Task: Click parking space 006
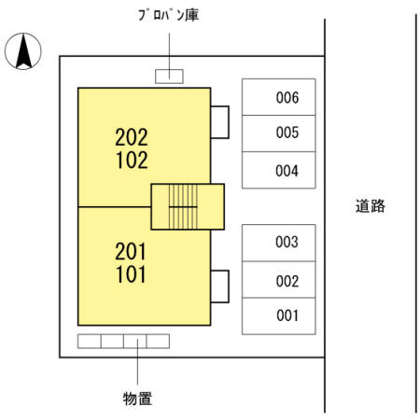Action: coord(280,97)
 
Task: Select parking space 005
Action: coord(280,133)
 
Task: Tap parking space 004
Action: coord(280,171)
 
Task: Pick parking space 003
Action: coord(280,243)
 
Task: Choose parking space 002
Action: coord(280,280)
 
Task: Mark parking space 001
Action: coord(280,315)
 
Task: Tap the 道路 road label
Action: coord(370,206)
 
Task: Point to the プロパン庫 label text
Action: coord(168,16)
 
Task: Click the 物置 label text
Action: coord(137,399)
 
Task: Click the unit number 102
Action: coord(132,160)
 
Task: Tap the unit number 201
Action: coord(132,251)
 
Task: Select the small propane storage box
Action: coord(169,76)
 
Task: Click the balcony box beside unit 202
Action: coord(220,121)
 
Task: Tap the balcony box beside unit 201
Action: coord(220,286)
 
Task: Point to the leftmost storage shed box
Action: coord(89,341)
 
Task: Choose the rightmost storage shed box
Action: coord(158,341)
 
